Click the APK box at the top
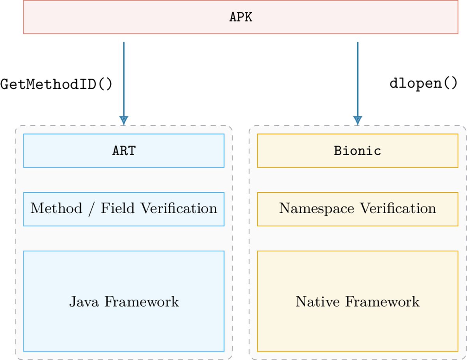pyautogui.click(x=241, y=17)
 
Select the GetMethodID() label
pyautogui.click(x=56, y=84)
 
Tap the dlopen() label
pyautogui.click(x=423, y=83)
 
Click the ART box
pyautogui.click(x=124, y=151)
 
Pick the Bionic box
pyautogui.click(x=357, y=151)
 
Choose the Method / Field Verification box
pyautogui.click(x=124, y=209)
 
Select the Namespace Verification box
pyautogui.click(x=357, y=209)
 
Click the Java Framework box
pyautogui.click(x=124, y=301)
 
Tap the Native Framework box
pyautogui.click(x=357, y=301)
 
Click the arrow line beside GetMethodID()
pyautogui.click(x=124, y=78)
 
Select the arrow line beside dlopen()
pyautogui.click(x=357, y=78)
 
